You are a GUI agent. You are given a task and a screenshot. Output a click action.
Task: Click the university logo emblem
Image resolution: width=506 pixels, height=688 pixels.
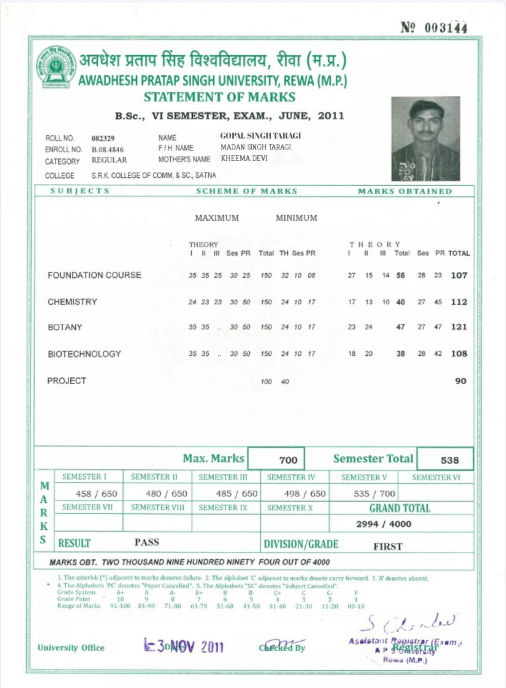coord(56,68)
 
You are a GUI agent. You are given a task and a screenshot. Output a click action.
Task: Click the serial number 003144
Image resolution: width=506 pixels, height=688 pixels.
coord(446,28)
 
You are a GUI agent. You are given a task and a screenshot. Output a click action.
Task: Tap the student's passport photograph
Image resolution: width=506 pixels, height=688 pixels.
coord(425,138)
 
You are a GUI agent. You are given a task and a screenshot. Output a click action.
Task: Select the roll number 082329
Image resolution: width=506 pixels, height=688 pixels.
coord(103,138)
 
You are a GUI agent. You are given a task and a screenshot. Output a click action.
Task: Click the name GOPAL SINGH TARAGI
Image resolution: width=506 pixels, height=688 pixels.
coord(261,136)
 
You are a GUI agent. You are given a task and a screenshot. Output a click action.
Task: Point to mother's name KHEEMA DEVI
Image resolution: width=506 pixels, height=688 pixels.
coord(244,159)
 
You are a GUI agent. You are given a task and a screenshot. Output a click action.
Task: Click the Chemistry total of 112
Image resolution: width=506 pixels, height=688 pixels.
coord(459,302)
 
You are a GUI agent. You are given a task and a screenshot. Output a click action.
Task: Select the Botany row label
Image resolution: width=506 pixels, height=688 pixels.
coord(65,327)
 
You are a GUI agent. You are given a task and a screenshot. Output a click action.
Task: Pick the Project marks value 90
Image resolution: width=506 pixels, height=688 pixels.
coord(460,381)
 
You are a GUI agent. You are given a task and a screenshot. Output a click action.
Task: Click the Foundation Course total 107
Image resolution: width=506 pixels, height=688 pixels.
coord(459,276)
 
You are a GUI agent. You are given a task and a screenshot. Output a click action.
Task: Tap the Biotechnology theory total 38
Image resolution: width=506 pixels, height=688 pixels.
coord(401,354)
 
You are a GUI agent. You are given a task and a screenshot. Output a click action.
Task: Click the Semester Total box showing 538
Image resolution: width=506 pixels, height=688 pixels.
coord(449,460)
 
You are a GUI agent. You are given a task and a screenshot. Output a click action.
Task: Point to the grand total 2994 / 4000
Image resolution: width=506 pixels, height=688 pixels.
coord(383,524)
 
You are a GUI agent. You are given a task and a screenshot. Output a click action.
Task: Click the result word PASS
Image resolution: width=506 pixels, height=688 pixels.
coord(147,542)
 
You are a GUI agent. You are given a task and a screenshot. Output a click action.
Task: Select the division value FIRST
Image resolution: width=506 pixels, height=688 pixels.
coord(388,547)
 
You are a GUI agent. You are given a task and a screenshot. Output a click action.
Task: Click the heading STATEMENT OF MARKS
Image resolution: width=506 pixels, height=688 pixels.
coord(219,97)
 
